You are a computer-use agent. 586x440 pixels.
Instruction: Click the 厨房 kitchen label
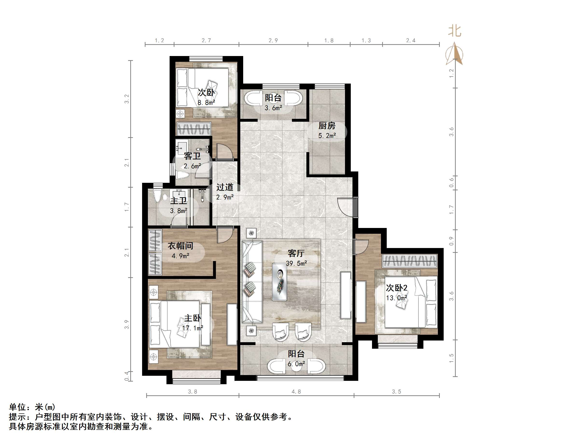tap(327, 125)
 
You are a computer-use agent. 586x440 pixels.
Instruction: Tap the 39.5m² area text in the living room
tap(296, 263)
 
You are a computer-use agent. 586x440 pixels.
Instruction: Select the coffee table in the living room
tap(279, 282)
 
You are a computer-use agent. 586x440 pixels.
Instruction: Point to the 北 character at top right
tap(455, 31)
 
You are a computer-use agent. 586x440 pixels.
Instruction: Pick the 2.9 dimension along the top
tap(273, 41)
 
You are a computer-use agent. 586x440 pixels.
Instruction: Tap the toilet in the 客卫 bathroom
tap(182, 175)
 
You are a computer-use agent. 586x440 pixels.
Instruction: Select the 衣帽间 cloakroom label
tap(180, 246)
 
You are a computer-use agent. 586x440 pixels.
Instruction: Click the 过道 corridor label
tap(225, 187)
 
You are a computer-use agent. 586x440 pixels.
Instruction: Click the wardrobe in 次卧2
tap(409, 261)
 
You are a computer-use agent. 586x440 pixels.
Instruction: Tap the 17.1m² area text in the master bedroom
tap(193, 328)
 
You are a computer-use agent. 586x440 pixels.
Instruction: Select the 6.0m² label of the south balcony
tap(296, 364)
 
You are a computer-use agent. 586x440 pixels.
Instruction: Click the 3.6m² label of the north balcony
tap(273, 108)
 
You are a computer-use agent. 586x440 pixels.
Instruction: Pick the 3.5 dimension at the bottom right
tap(396, 392)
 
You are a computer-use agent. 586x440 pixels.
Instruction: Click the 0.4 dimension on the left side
tap(127, 376)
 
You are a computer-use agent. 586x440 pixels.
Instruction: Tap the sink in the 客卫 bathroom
tap(182, 146)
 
